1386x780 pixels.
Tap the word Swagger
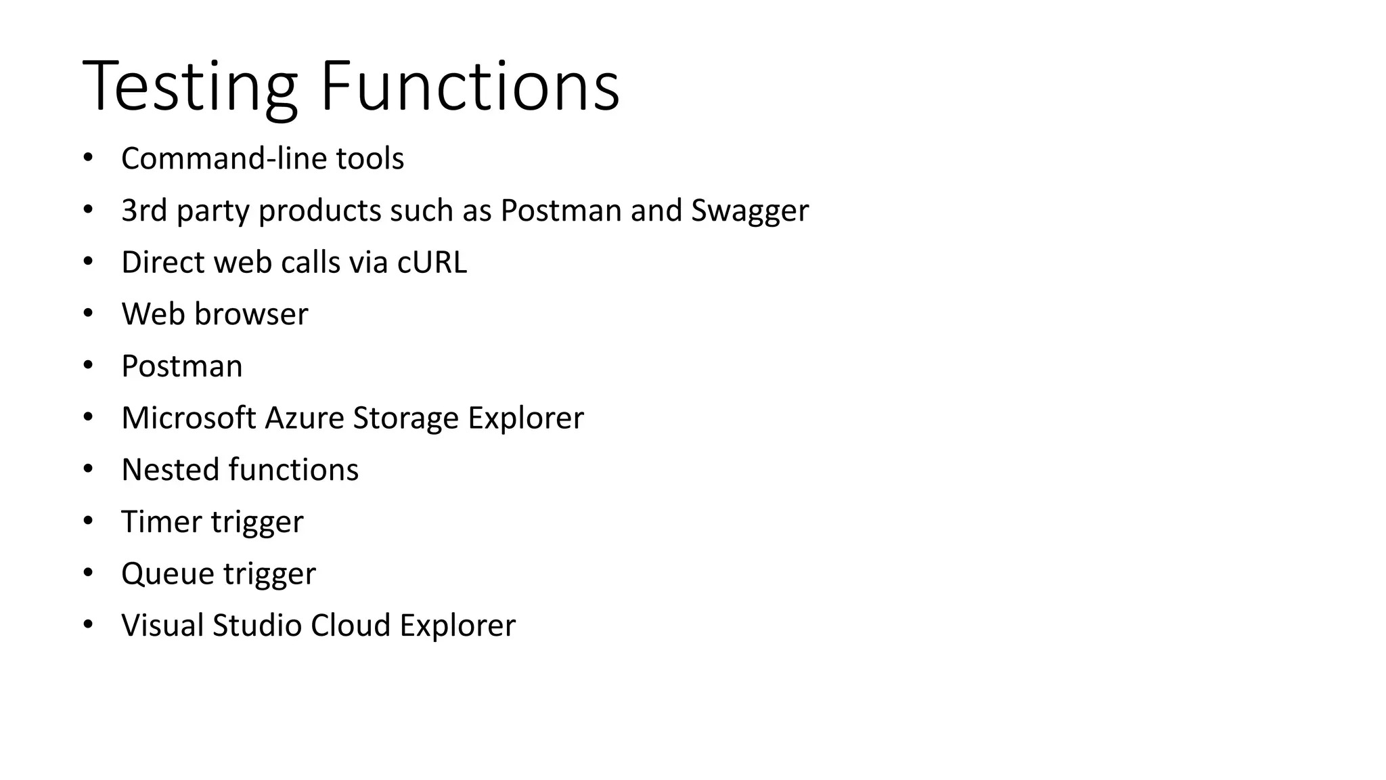tap(749, 211)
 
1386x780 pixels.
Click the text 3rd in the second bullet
tap(143, 211)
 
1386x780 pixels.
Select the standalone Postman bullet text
tap(181, 366)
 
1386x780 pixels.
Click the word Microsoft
tap(189, 418)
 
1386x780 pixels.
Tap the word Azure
tap(305, 418)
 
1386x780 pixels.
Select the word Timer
tap(161, 522)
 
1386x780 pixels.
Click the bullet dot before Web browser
tap(88, 313)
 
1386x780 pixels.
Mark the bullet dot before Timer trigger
tap(88, 521)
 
